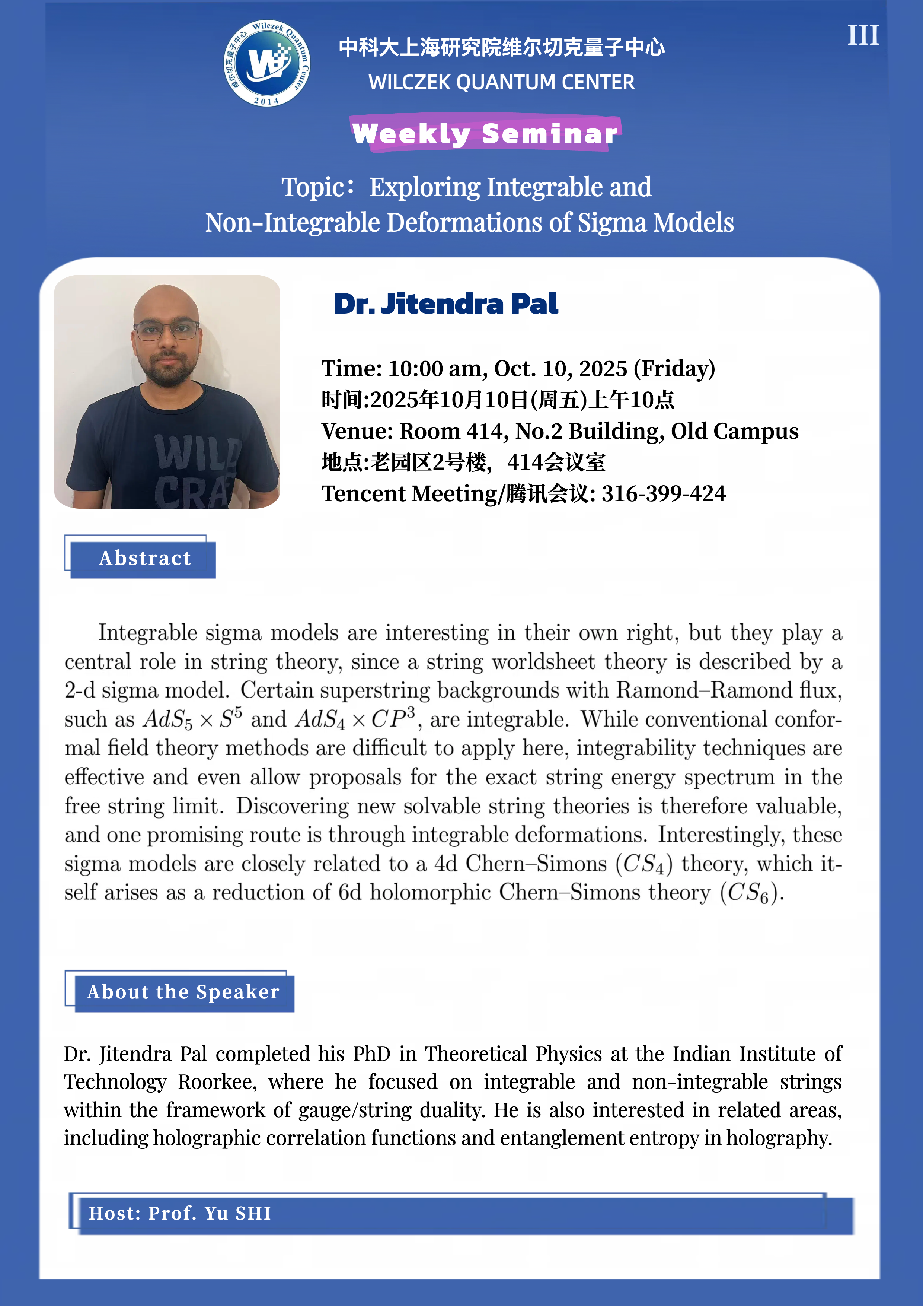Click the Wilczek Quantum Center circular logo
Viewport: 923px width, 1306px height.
pyautogui.click(x=266, y=63)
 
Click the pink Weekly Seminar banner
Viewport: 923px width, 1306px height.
pyautogui.click(x=485, y=133)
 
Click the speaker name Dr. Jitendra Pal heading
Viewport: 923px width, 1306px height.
pyautogui.click(x=446, y=304)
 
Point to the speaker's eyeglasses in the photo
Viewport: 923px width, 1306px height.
pyautogui.click(x=166, y=330)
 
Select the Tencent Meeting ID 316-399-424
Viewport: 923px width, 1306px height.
pyautogui.click(x=663, y=494)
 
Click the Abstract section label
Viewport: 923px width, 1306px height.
pyautogui.click(x=144, y=558)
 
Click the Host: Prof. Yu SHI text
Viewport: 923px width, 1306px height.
pyautogui.click(x=180, y=1213)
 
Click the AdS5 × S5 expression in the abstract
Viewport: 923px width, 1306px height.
pyautogui.click(x=193, y=719)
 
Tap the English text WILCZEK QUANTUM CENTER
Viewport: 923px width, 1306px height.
pyautogui.click(x=501, y=82)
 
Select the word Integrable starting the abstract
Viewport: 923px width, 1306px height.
pyautogui.click(x=147, y=633)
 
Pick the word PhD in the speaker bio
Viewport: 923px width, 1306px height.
pyautogui.click(x=371, y=1054)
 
